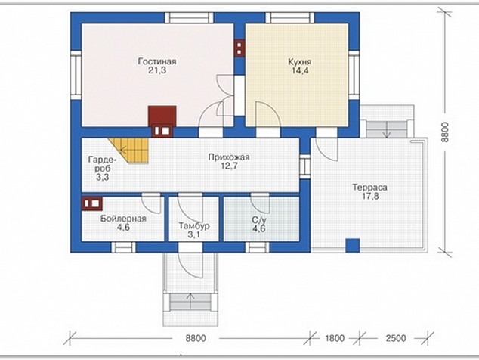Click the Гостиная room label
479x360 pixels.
(157, 61)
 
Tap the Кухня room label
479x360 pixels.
(300, 62)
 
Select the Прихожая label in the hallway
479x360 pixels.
(229, 157)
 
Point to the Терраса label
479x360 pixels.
(370, 188)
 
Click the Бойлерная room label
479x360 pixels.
(123, 219)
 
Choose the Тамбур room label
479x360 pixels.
(194, 226)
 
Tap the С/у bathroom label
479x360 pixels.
(259, 220)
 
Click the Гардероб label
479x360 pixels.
(102, 164)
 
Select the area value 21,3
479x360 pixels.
(157, 70)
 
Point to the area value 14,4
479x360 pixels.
(300, 70)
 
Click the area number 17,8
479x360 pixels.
(370, 196)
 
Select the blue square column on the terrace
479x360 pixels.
(353, 245)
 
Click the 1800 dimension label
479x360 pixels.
(335, 338)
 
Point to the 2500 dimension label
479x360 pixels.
(396, 338)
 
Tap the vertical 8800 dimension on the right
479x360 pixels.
(445, 132)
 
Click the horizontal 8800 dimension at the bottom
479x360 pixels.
(196, 338)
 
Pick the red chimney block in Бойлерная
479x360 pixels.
(92, 203)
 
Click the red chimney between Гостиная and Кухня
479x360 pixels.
(239, 48)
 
